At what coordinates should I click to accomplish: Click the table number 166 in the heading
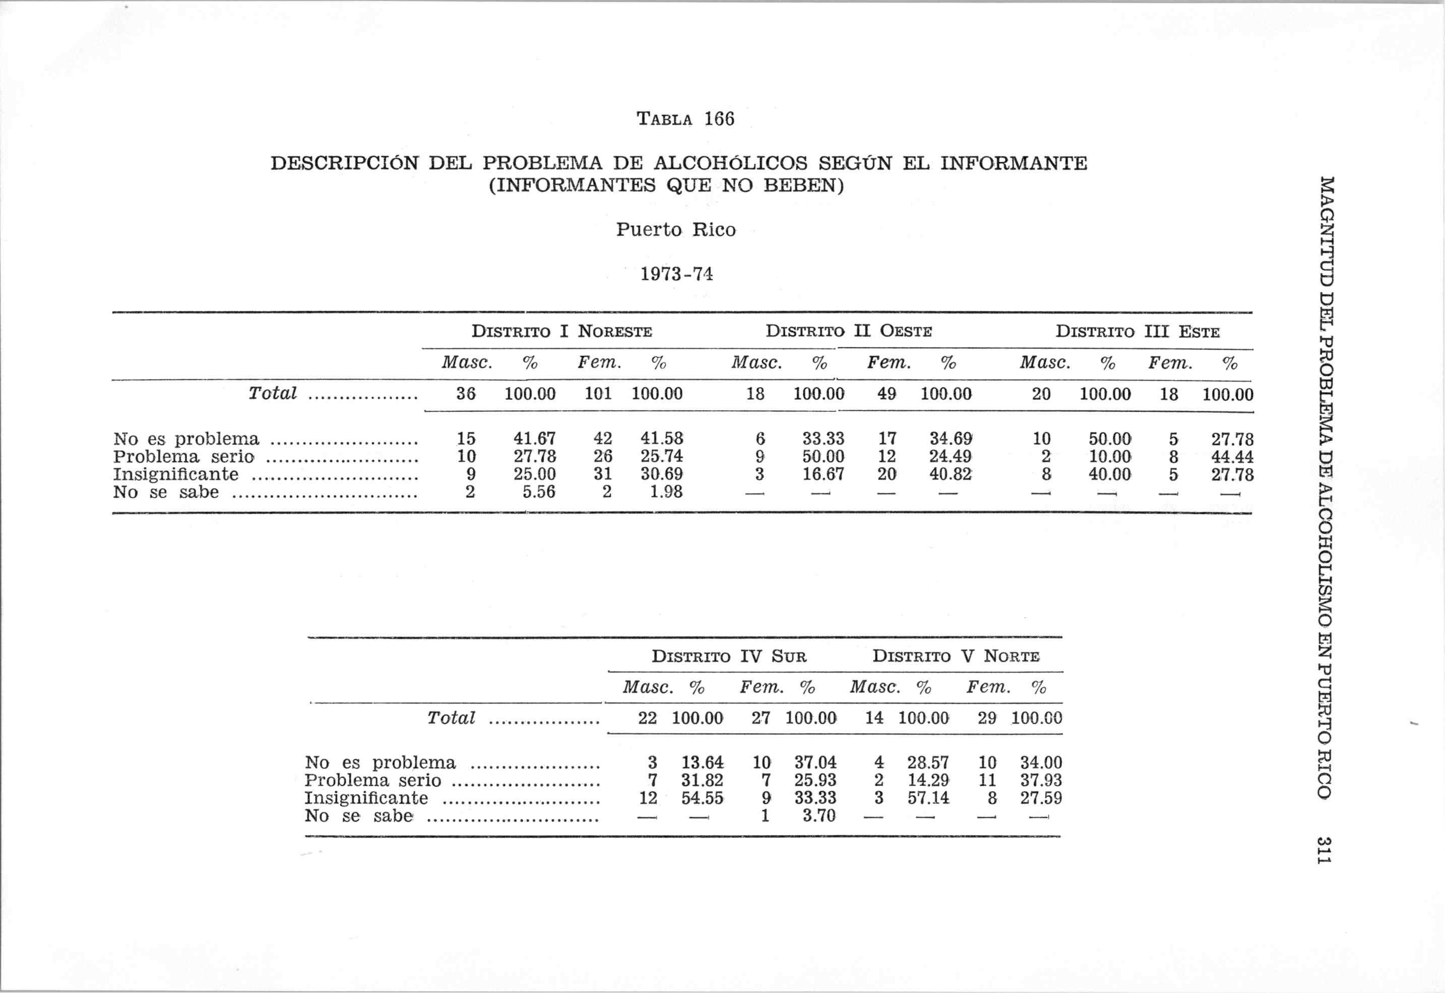[719, 118]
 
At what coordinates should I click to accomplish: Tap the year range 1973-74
[676, 274]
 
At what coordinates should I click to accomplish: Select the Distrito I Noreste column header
[561, 331]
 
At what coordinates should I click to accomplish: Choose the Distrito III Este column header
[1137, 332]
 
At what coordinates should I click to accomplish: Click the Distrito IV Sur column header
[728, 656]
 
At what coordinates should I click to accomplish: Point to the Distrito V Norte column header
[956, 656]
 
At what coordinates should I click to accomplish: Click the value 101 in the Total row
[598, 394]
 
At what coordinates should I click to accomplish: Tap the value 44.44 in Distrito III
[1232, 457]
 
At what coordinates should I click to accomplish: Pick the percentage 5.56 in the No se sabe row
[538, 492]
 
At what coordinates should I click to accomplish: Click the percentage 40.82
[950, 474]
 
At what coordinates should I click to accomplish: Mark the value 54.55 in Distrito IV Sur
[702, 798]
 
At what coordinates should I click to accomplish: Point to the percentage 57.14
[927, 798]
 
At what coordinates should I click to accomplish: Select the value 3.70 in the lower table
[819, 816]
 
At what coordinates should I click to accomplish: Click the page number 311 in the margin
[1324, 850]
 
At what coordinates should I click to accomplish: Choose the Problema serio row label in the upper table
[183, 457]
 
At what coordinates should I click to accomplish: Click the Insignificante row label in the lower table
[366, 798]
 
